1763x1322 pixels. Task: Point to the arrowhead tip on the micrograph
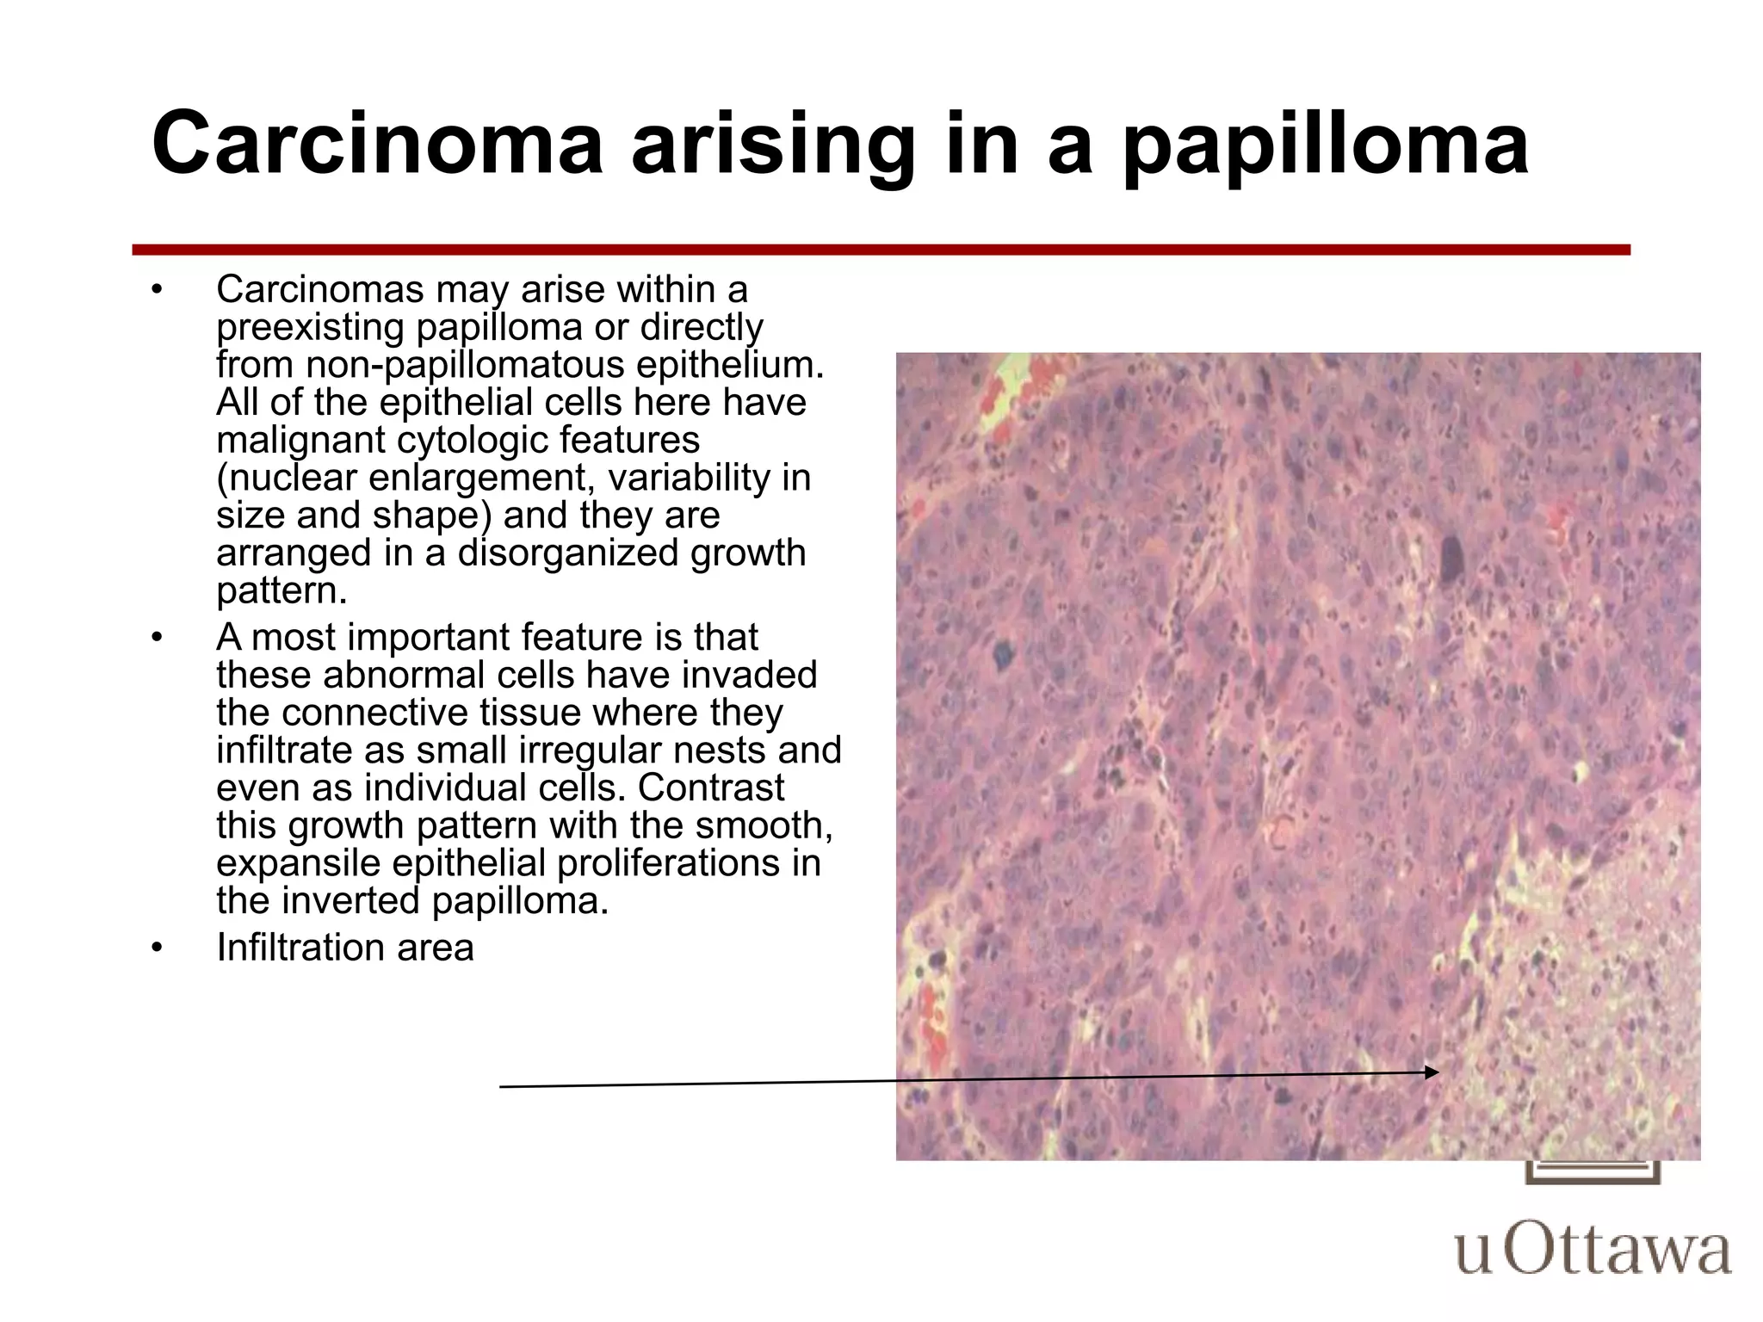tap(1438, 1072)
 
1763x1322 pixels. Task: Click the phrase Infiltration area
tap(344, 948)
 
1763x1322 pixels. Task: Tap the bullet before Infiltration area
tap(156, 948)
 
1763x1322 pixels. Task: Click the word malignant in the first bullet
tap(301, 441)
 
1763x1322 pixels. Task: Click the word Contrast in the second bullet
tap(711, 788)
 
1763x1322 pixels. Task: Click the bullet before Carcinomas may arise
tap(156, 290)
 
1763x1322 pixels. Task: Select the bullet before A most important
tap(156, 638)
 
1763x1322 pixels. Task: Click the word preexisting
tap(310, 328)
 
